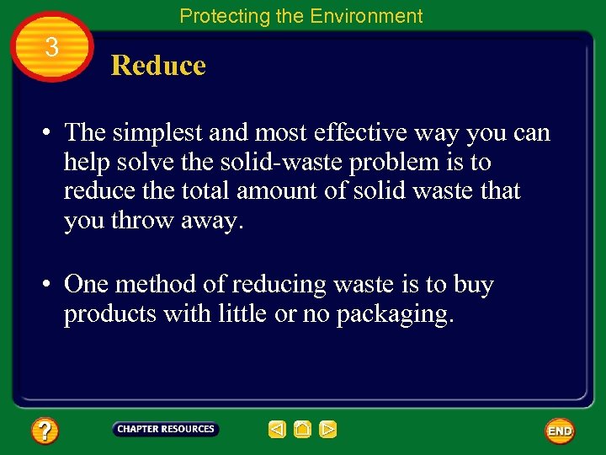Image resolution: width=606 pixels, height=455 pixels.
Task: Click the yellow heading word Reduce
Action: (158, 66)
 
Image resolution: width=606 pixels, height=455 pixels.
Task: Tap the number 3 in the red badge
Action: (52, 48)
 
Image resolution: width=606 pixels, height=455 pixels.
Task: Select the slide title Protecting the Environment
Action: (301, 15)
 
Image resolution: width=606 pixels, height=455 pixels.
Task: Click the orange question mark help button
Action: (45, 431)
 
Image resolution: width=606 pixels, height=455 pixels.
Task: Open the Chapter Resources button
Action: (166, 429)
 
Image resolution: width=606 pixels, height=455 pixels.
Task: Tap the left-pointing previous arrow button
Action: (277, 430)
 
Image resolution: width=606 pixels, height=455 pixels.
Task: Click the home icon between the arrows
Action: (302, 430)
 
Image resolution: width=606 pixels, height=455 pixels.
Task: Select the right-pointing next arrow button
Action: (328, 430)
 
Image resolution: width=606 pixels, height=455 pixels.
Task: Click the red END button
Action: (560, 431)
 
